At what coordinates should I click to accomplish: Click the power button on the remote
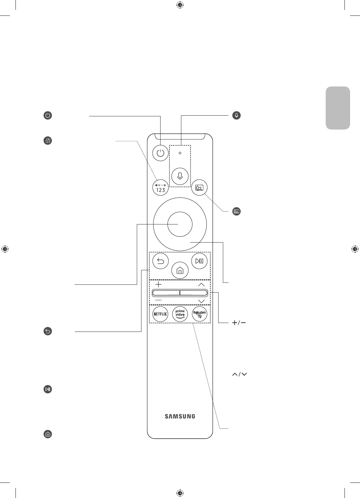(161, 153)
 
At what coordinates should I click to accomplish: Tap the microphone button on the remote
(180, 176)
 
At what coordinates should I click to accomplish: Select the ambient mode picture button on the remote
(199, 188)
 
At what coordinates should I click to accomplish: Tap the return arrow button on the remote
(161, 261)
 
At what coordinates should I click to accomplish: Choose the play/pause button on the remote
(199, 261)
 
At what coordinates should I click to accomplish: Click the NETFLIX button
(161, 314)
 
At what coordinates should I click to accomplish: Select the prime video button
(180, 314)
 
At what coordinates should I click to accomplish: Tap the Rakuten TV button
(199, 314)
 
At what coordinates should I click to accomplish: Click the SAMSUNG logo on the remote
(180, 416)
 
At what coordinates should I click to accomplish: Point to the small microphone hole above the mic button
(180, 153)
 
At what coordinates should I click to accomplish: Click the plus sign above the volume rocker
(159, 284)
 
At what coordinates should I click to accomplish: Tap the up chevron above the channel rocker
(201, 284)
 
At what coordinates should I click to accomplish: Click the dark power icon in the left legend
(48, 116)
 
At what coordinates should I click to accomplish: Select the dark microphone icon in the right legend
(236, 116)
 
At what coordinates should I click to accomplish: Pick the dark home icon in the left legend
(48, 434)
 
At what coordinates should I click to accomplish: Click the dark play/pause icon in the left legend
(48, 389)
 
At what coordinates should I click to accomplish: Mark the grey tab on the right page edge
(338, 108)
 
